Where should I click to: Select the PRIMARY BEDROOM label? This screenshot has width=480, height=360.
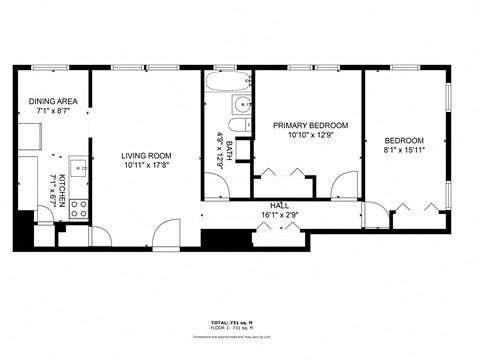(x=310, y=125)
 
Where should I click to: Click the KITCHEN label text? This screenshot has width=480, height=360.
(x=62, y=189)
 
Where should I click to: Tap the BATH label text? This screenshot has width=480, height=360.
(x=229, y=151)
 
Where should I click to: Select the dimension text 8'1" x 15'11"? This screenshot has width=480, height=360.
(x=404, y=151)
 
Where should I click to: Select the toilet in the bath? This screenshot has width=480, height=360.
(x=238, y=126)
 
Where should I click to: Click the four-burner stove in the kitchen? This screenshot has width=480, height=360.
(x=78, y=210)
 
